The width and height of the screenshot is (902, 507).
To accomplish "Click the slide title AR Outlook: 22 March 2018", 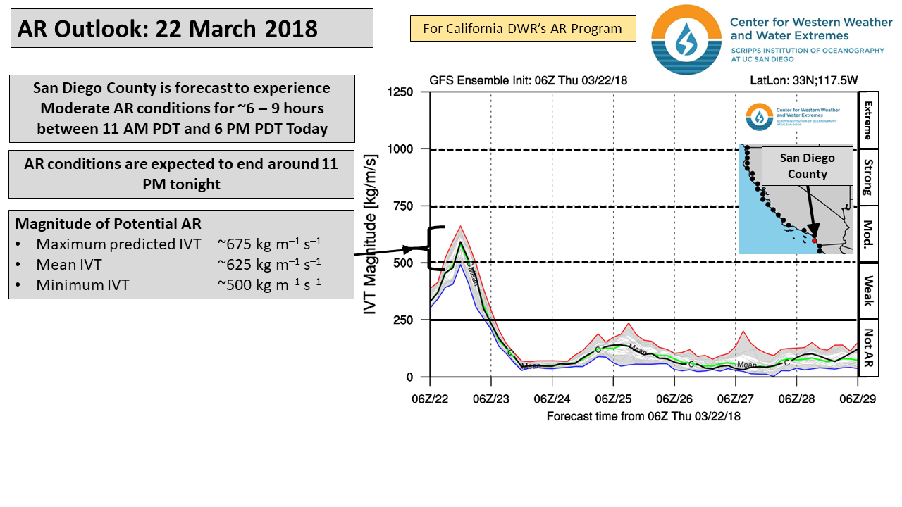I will coord(168,29).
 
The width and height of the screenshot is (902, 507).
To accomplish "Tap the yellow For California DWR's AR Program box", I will coord(522,29).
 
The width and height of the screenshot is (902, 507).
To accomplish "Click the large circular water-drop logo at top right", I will coord(686,39).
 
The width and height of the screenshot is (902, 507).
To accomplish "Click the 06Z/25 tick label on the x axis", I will coord(612,399).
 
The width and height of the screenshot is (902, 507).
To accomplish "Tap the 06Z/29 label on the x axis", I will coord(857,399).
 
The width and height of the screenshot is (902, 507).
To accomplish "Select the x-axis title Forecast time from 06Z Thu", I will coord(643,416).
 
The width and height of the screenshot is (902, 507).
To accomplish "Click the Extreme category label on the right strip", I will coord(867,120).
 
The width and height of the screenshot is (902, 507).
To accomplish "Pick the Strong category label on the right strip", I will coord(867,177).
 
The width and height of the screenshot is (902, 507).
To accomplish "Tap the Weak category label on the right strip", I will coord(867,291).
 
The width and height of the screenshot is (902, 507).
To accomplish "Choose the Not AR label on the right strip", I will coord(867,349).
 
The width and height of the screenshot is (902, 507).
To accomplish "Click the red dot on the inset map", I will coord(814,240).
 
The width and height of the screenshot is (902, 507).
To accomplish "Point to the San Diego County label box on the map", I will coord(807,166).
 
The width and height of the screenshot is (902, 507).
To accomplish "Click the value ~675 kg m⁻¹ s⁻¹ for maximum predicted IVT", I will coord(269,244).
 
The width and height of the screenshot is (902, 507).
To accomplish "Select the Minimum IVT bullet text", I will coord(82,284).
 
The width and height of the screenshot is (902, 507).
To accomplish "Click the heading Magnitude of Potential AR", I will coord(108,224).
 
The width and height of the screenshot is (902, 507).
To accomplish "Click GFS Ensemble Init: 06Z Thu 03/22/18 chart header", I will coord(528,80).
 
